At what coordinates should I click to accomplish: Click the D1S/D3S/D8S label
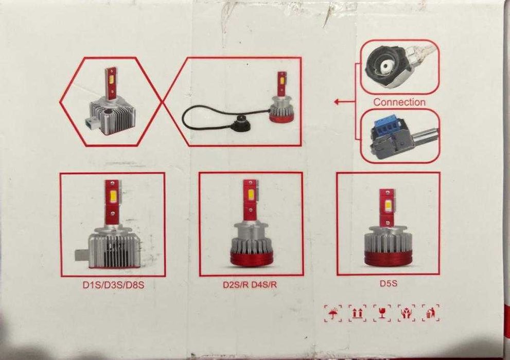(x=114, y=285)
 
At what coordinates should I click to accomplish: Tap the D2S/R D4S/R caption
(x=250, y=284)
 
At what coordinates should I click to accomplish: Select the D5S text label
(x=389, y=283)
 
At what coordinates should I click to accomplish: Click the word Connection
(x=399, y=102)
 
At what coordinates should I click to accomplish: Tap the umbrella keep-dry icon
(x=333, y=314)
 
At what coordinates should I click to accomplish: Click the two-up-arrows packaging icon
(x=357, y=314)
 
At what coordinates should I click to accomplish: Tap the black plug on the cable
(x=241, y=126)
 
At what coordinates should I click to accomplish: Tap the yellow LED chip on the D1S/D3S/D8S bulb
(x=113, y=195)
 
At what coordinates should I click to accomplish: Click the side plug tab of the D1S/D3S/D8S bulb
(x=81, y=255)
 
